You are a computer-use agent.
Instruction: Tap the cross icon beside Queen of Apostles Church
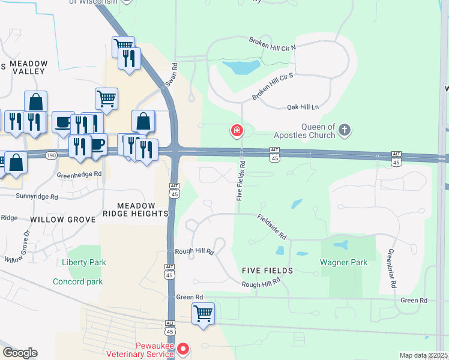tap(345, 129)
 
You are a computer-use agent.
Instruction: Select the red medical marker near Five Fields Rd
tap(237, 130)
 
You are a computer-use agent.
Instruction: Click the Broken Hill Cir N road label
tap(273, 43)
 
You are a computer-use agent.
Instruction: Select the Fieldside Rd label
tap(273, 226)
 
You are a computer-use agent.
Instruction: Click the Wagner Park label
tap(343, 262)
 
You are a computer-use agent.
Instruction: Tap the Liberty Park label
tap(83, 262)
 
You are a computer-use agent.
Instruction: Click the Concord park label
tap(77, 281)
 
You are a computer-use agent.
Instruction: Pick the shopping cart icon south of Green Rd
tap(203, 313)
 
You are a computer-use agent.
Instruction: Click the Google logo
tap(20, 353)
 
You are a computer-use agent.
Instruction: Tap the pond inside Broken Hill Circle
tap(241, 67)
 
